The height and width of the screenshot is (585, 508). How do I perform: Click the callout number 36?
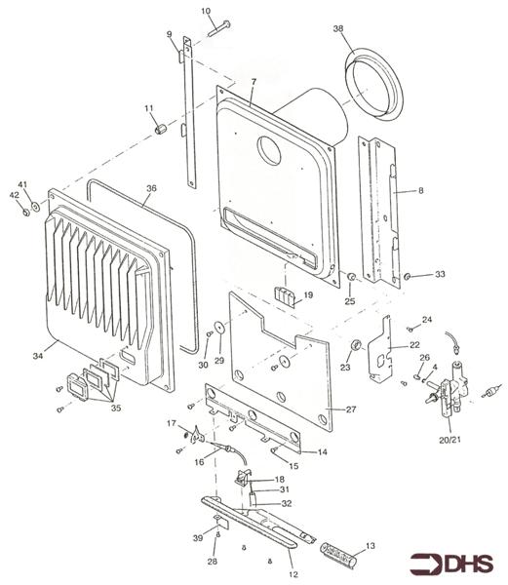[151, 189]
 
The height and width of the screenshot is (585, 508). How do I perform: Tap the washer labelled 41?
[35, 206]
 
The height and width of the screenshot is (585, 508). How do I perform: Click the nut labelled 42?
[24, 213]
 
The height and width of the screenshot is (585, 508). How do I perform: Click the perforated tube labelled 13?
[340, 563]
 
